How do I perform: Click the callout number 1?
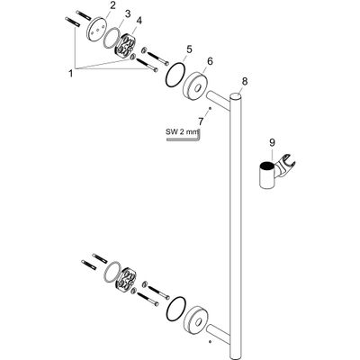click(x=71, y=73)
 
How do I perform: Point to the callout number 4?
click(x=139, y=21)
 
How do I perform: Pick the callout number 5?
click(x=188, y=49)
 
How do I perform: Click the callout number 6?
click(x=210, y=61)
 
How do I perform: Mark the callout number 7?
click(x=201, y=121)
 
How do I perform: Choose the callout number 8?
click(x=245, y=81)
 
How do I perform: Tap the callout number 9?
click(x=272, y=143)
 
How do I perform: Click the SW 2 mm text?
click(x=182, y=131)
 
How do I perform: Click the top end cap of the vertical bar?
click(x=237, y=96)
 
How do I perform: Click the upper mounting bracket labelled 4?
click(x=126, y=45)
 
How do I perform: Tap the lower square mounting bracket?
click(x=126, y=278)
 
